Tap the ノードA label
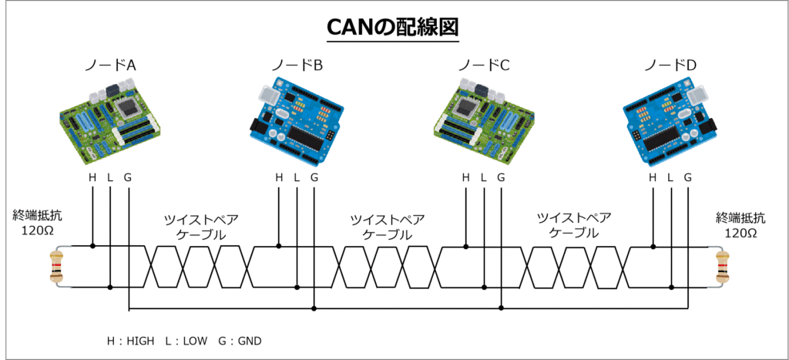(110, 66)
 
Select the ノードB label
(297, 66)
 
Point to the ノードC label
(483, 66)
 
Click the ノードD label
(670, 66)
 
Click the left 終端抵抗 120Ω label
(35, 223)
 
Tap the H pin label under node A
(92, 178)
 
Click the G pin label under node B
(314, 178)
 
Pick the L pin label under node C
(484, 178)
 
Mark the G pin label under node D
(688, 178)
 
